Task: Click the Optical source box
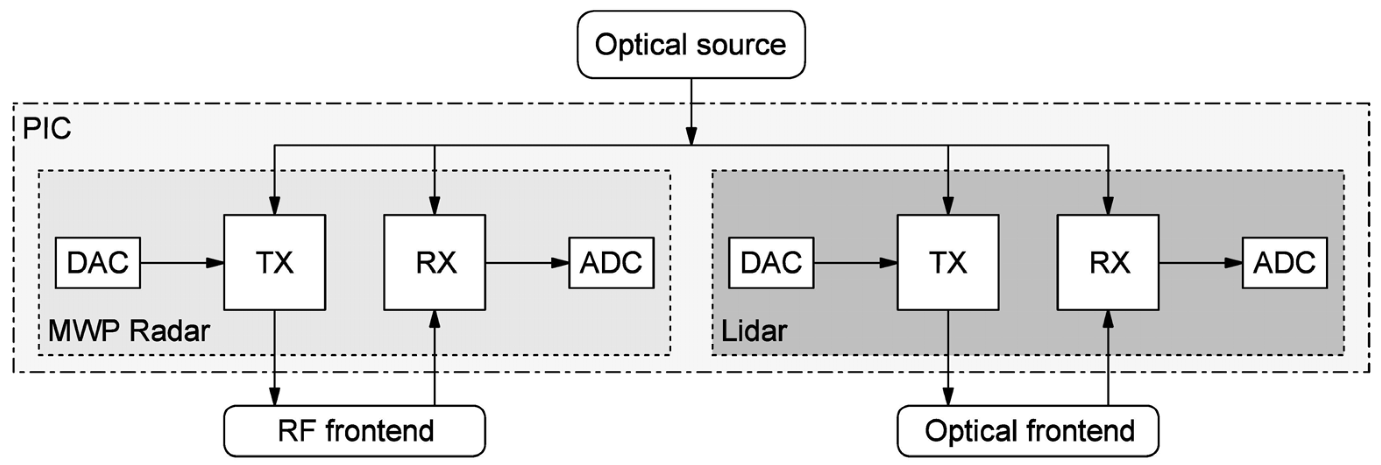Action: pyautogui.click(x=691, y=45)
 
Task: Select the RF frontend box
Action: pyautogui.click(x=355, y=431)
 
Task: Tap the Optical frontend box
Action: pyautogui.click(x=1027, y=431)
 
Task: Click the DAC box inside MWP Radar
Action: pyautogui.click(x=98, y=263)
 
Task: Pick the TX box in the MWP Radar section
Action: pyautogui.click(x=274, y=263)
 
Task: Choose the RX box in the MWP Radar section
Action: pyautogui.click(x=434, y=263)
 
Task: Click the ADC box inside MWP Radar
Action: pyautogui.click(x=611, y=263)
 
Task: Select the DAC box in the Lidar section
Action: pyautogui.click(x=771, y=263)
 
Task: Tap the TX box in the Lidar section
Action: pyautogui.click(x=948, y=263)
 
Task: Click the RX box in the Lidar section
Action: pyautogui.click(x=1108, y=263)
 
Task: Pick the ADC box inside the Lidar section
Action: pyautogui.click(x=1285, y=263)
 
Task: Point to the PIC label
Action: pyautogui.click(x=46, y=129)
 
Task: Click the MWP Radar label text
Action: pyautogui.click(x=129, y=331)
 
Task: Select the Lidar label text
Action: pyautogui.click(x=754, y=331)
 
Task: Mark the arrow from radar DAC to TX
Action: pyautogui.click(x=182, y=263)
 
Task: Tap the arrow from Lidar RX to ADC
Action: pyautogui.click(x=1201, y=263)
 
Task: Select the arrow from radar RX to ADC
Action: pyautogui.click(x=527, y=263)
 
